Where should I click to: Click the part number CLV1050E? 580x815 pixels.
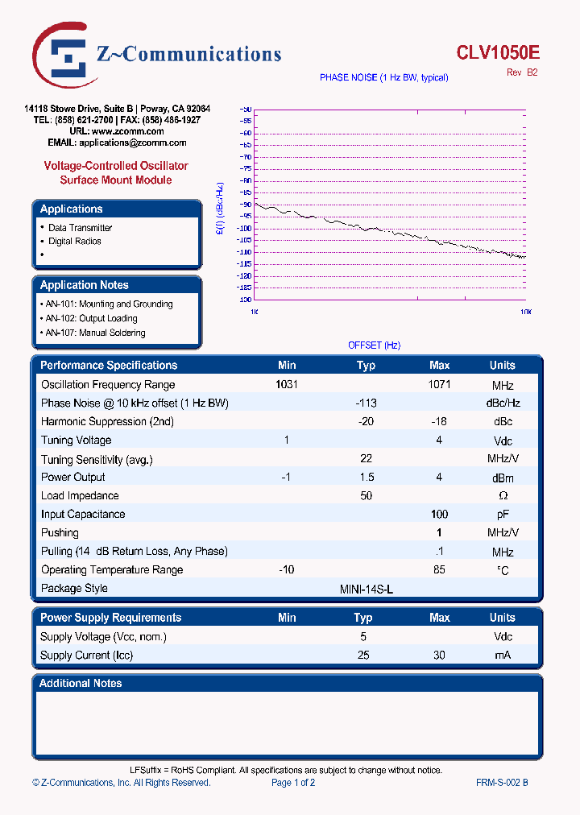pyautogui.click(x=498, y=53)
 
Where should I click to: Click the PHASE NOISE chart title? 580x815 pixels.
pyautogui.click(x=383, y=77)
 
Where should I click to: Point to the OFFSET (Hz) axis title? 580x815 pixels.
pyautogui.click(x=374, y=345)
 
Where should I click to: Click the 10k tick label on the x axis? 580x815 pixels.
pyautogui.click(x=524, y=311)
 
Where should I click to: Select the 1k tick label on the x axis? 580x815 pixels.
pyautogui.click(x=255, y=311)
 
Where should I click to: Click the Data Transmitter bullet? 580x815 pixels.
pyautogui.click(x=80, y=228)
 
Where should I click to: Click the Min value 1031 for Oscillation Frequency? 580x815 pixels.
pyautogui.click(x=287, y=385)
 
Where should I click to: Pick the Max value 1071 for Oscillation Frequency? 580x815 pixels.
pyautogui.click(x=439, y=385)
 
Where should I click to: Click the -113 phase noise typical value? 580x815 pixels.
pyautogui.click(x=366, y=403)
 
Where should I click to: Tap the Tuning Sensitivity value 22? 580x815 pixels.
pyautogui.click(x=366, y=458)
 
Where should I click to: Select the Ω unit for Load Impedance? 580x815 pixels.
pyautogui.click(x=503, y=496)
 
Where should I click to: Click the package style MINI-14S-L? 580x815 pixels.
pyautogui.click(x=367, y=589)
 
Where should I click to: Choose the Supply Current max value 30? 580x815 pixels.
pyautogui.click(x=439, y=656)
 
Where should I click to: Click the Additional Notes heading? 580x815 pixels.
pyautogui.click(x=81, y=683)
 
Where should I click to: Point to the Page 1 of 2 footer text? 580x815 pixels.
pyautogui.click(x=293, y=783)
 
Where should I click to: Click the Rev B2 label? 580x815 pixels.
pyautogui.click(x=521, y=72)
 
